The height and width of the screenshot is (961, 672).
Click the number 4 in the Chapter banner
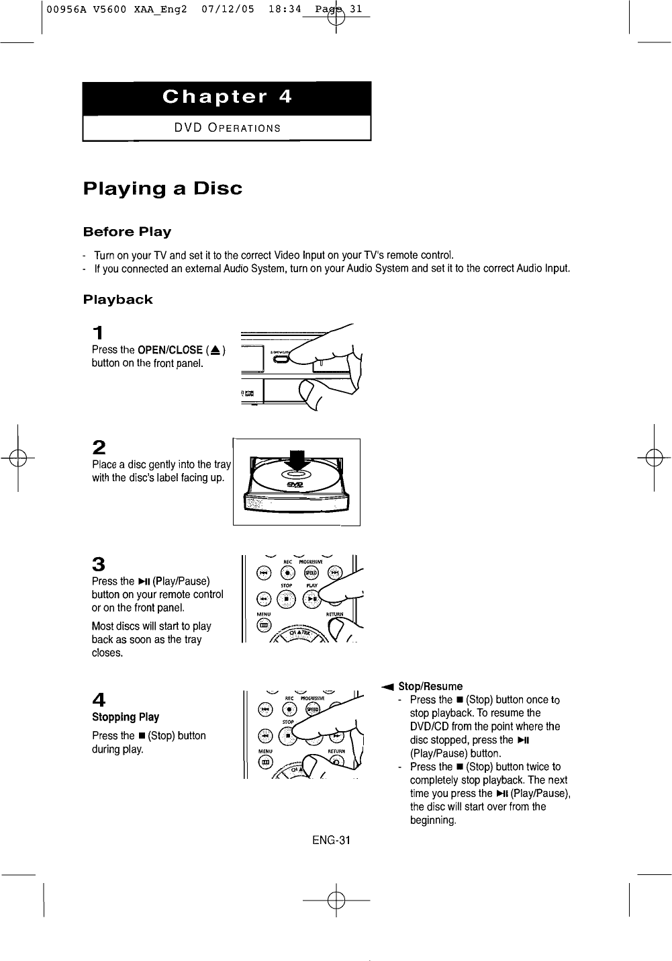click(x=285, y=97)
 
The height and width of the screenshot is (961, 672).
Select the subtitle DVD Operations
click(x=228, y=128)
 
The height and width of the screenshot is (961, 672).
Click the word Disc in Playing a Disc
click(x=218, y=188)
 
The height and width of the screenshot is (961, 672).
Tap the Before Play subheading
click(x=127, y=232)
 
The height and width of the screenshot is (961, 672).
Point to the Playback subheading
click(x=117, y=300)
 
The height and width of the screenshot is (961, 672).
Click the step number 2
click(x=99, y=447)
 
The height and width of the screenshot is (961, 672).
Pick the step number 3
click(x=99, y=564)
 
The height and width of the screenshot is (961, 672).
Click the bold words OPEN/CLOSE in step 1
click(x=170, y=349)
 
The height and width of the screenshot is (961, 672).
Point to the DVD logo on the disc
click(x=295, y=485)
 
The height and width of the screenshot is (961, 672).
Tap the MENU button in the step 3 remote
click(x=264, y=626)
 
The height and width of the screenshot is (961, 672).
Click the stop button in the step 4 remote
click(x=287, y=735)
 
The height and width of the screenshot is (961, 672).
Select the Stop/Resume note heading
click(x=430, y=686)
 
